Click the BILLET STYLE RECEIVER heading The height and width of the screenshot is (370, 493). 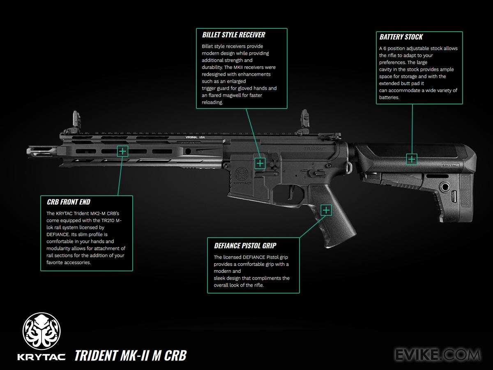click(233, 35)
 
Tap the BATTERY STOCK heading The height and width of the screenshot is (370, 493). click(401, 37)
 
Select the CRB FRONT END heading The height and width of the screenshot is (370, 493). click(69, 202)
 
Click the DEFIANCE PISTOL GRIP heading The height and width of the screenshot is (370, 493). click(245, 246)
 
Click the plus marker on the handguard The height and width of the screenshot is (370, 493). click(122, 151)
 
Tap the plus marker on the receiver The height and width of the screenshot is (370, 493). click(260, 163)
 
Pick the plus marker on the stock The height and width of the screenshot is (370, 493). click(412, 159)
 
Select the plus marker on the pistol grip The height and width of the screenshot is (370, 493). click(326, 210)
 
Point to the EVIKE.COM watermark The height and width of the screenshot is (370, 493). click(437, 354)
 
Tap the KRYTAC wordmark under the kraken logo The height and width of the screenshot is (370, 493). click(41, 356)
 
